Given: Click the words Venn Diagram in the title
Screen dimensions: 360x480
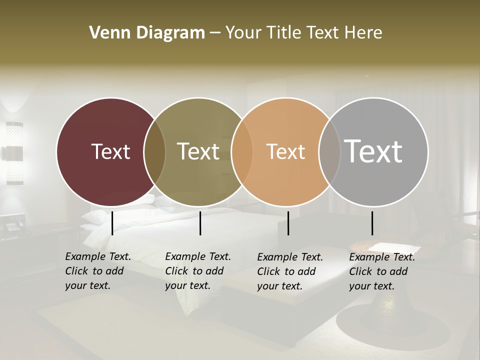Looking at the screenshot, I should tap(147, 33).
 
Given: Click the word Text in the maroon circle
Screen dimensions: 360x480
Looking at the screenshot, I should tap(110, 151).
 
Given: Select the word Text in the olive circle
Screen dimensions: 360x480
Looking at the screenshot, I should tap(198, 151).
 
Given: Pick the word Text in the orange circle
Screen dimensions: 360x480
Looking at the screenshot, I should tap(285, 151).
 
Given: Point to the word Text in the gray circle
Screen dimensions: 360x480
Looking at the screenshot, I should tap(373, 151).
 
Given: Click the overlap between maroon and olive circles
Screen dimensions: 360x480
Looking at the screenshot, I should tap(154, 151).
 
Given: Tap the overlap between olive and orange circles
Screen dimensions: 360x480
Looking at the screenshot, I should tap(242, 151).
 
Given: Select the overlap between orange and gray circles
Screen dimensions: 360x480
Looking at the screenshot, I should tap(328, 151).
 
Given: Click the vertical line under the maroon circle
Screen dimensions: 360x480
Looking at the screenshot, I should tap(112, 223).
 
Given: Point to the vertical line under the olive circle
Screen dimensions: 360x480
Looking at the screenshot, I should tap(200, 223).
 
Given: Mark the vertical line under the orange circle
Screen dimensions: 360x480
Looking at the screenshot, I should tap(288, 223).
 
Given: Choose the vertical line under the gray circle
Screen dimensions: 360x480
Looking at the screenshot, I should tap(372, 223).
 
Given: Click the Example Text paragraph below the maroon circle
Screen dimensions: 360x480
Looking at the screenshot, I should tap(98, 271).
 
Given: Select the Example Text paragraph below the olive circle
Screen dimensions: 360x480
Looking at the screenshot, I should tap(198, 271).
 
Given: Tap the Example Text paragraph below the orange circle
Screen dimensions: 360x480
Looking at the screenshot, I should tap(290, 271).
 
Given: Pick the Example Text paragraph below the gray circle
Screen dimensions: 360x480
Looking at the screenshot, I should tap(382, 271).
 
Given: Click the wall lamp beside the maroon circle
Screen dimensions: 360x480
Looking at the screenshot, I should tap(14, 153).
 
